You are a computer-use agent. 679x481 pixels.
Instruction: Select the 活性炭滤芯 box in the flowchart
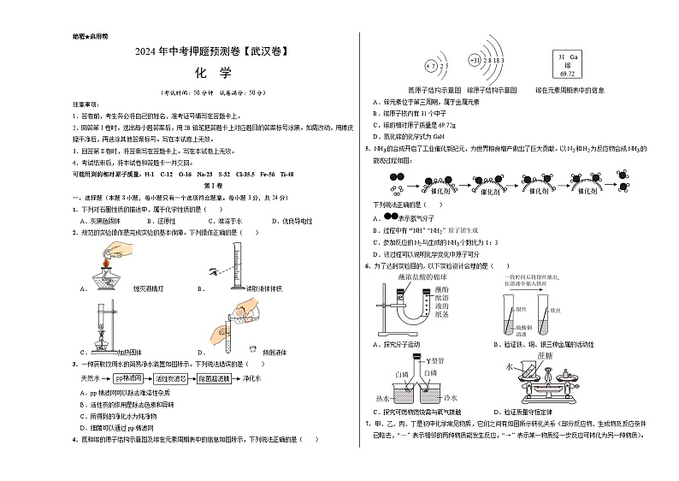171,377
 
